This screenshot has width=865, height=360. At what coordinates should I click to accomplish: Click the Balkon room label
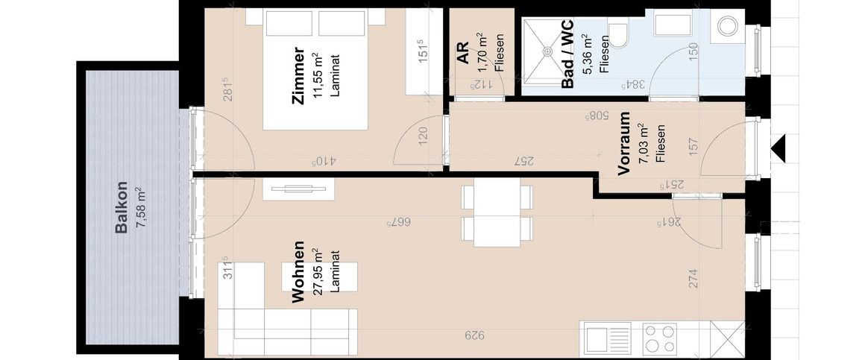pyautogui.click(x=122, y=208)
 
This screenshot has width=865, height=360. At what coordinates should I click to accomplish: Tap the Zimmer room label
pyautogui.click(x=298, y=75)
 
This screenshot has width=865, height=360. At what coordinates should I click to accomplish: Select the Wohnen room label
pyautogui.click(x=298, y=271)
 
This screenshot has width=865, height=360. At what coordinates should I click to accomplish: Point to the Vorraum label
pyautogui.click(x=624, y=143)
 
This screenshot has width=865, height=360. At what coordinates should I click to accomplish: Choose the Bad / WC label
pyautogui.click(x=567, y=53)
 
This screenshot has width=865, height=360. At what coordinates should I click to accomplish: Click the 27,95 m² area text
pyautogui.click(x=318, y=272)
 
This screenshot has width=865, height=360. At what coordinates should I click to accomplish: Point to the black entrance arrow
pyautogui.click(x=778, y=149)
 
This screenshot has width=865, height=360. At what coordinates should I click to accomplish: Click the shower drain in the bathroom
pyautogui.click(x=547, y=51)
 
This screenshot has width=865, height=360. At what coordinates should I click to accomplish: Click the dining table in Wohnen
pyautogui.click(x=497, y=213)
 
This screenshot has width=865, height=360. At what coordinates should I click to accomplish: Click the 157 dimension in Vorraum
pyautogui.click(x=693, y=145)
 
